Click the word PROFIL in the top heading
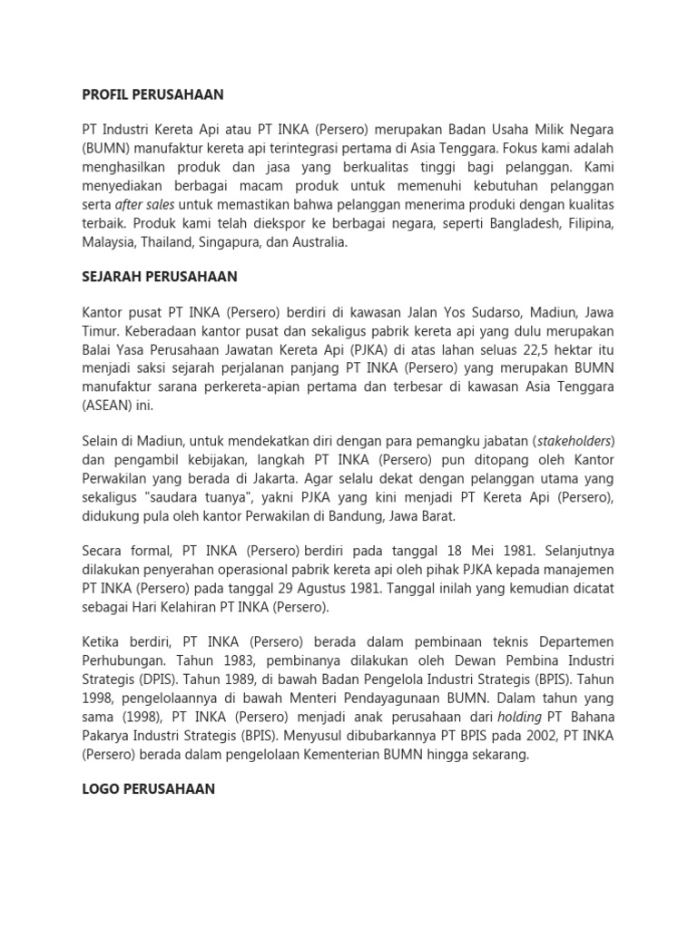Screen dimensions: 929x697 [107, 94]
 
